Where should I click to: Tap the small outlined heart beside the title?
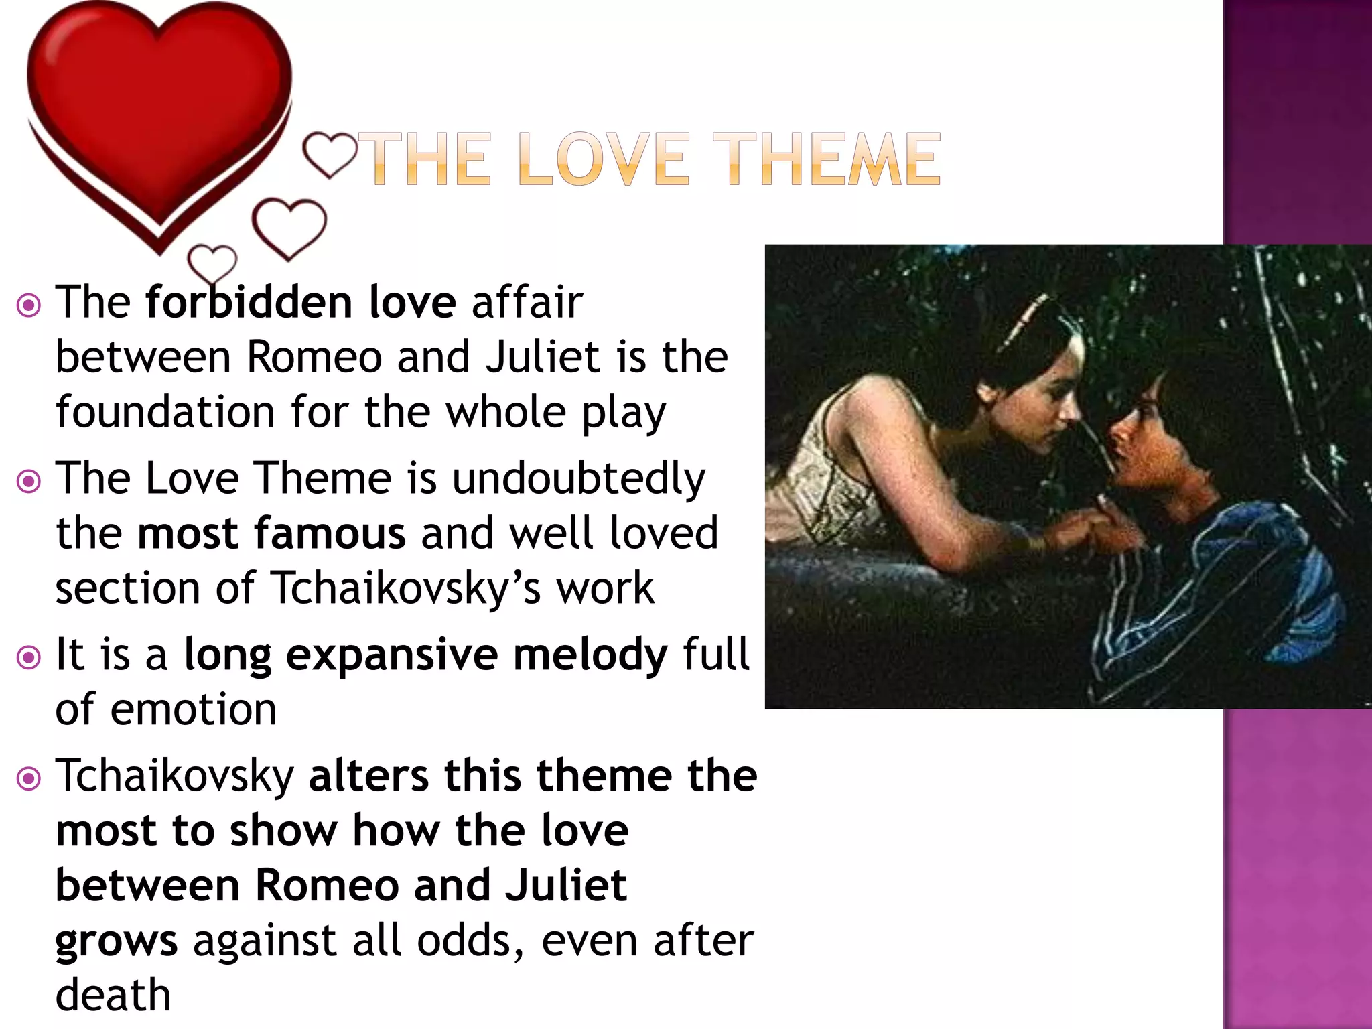pyautogui.click(x=330, y=154)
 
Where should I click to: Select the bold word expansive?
pyautogui.click(x=391, y=655)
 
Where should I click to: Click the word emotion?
pyautogui.click(x=193, y=709)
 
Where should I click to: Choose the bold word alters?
pyautogui.click(x=368, y=776)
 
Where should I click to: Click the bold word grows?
pyautogui.click(x=117, y=941)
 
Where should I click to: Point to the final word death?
pyautogui.click(x=113, y=995)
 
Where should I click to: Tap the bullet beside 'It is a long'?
pyautogui.click(x=29, y=657)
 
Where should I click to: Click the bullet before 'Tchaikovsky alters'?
pyautogui.click(x=29, y=778)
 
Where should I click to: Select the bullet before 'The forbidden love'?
pyautogui.click(x=29, y=305)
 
